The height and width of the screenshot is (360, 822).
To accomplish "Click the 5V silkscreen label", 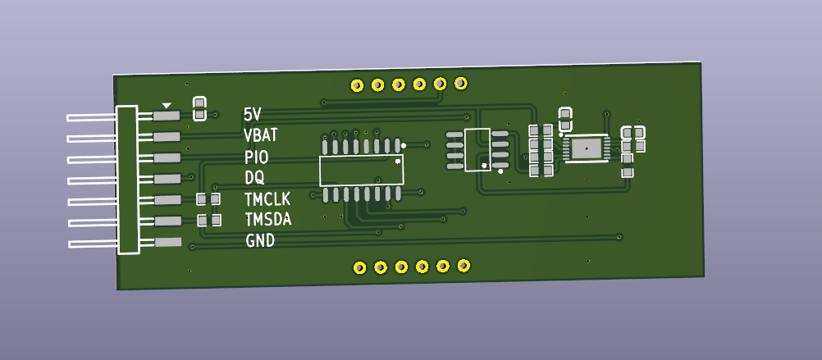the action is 252,114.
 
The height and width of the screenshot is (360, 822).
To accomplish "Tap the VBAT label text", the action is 261,136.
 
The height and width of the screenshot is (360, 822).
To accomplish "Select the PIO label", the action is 256,157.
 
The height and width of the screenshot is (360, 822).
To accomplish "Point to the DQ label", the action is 255,178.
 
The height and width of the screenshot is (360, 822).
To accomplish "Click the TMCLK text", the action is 267,199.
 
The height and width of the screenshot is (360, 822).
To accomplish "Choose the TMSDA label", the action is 268,220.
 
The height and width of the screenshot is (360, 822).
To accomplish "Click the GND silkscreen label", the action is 260,241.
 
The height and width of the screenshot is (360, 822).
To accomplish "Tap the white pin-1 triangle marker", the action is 167,105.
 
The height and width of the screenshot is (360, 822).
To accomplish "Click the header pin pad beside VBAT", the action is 167,137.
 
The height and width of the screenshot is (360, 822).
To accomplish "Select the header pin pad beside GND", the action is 168,242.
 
